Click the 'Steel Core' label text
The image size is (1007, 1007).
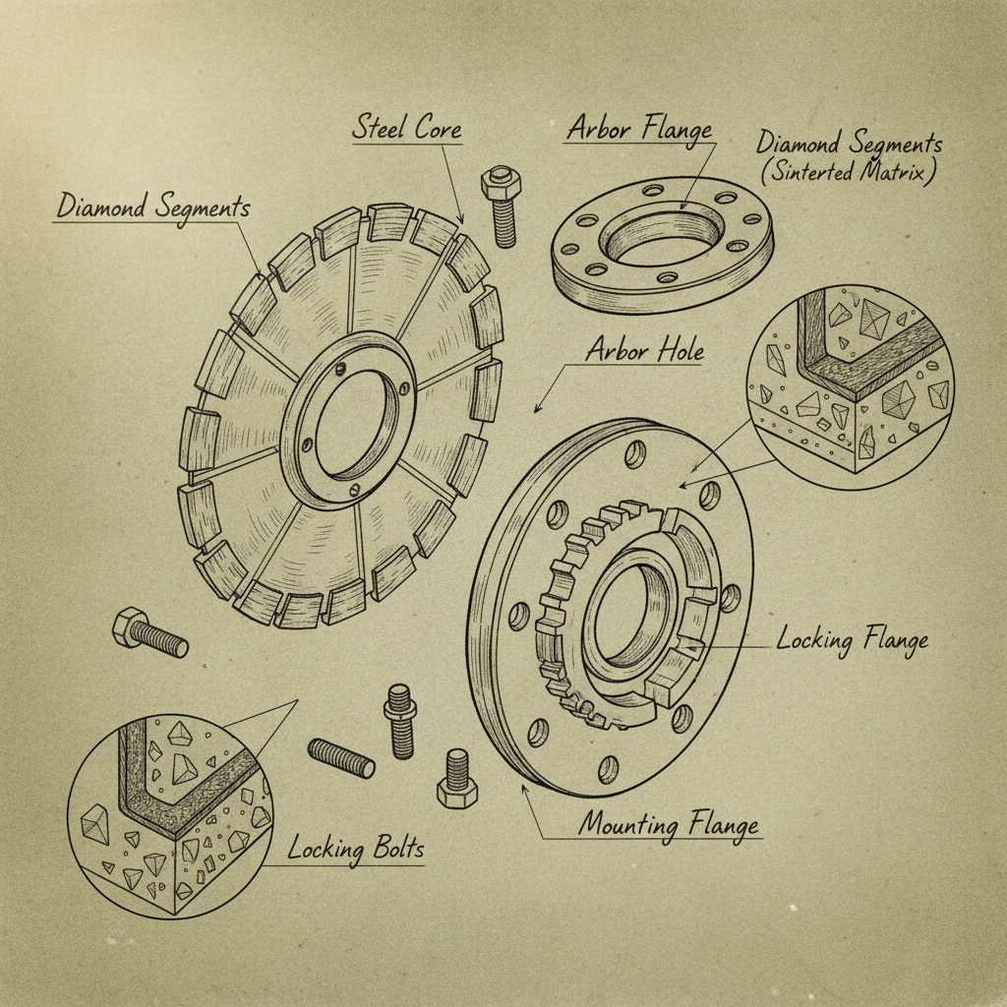pos(406,129)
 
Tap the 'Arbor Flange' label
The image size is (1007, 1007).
pos(638,129)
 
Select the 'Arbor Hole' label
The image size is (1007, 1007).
pos(644,350)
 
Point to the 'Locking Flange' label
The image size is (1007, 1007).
pos(852,640)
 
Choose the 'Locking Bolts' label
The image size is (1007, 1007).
pos(356,848)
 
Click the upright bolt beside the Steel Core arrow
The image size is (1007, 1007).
pos(500,206)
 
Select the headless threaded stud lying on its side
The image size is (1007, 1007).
pos(341,757)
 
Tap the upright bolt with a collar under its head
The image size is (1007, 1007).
pos(400,721)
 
